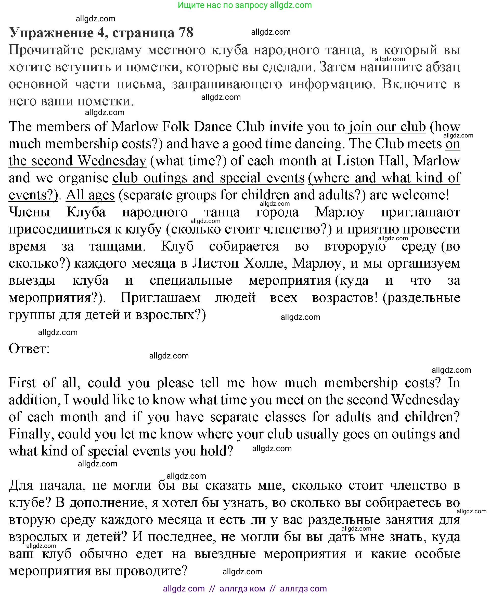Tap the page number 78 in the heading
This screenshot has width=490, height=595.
coord(185,32)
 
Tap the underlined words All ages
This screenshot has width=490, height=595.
coord(90,195)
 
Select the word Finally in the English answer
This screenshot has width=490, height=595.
coord(31,434)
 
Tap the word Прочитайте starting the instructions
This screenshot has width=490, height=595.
coord(46,50)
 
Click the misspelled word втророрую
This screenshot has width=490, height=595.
coord(355,246)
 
